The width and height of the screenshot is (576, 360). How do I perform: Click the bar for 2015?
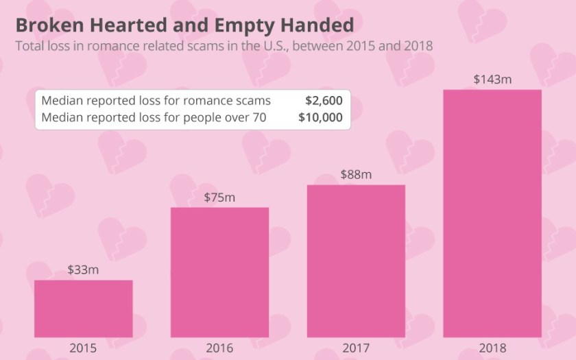coord(83,309)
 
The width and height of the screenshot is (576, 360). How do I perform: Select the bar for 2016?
coord(219,272)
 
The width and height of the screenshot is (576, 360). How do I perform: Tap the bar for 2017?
coord(356,261)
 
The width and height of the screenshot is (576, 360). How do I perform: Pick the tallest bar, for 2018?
coord(492,213)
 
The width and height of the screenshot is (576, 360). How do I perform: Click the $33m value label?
coord(83,269)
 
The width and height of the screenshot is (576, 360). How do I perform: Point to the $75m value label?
coord(219,197)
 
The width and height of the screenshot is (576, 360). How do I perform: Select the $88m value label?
coord(356,174)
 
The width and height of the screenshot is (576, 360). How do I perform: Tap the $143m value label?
coord(492,79)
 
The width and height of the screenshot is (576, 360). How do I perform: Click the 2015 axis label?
coord(83,348)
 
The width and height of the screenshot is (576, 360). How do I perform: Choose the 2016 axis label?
coord(219,348)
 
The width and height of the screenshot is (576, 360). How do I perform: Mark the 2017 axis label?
coord(356,348)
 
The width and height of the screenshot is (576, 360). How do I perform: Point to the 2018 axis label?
coord(492,348)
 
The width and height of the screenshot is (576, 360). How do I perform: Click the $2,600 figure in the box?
coord(324,100)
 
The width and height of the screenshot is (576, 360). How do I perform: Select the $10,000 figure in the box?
coord(320,117)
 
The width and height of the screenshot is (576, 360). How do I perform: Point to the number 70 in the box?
coord(259,117)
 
